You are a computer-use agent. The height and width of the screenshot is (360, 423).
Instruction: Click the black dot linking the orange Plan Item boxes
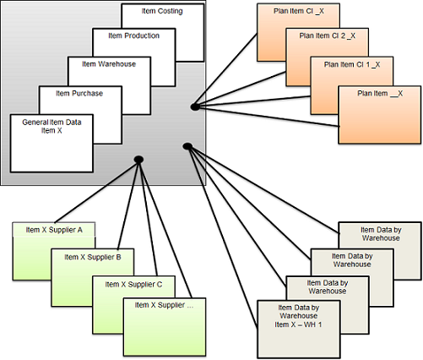coord(193,106)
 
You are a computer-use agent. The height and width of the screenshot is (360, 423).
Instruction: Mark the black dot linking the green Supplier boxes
coord(136,159)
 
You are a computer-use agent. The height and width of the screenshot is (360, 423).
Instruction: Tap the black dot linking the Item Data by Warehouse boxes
coord(186,148)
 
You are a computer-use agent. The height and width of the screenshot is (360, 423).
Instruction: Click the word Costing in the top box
coord(174,10)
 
